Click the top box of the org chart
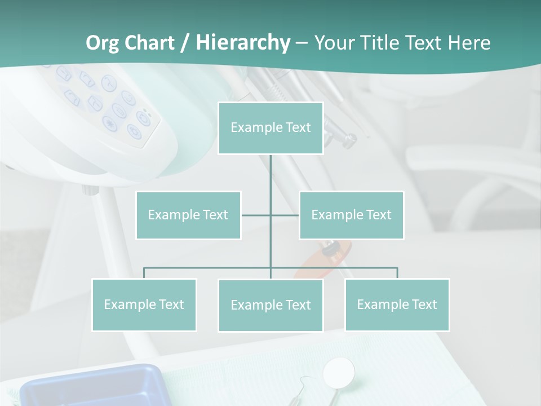270,128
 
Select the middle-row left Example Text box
188,215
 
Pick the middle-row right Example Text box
351,215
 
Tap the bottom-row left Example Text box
144,304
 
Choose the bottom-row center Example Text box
270,305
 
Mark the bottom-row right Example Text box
397,304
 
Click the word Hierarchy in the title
243,43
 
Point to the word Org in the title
102,43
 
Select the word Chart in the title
148,43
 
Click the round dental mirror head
339,372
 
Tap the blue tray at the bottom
90,386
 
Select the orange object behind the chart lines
327,259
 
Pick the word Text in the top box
298,128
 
